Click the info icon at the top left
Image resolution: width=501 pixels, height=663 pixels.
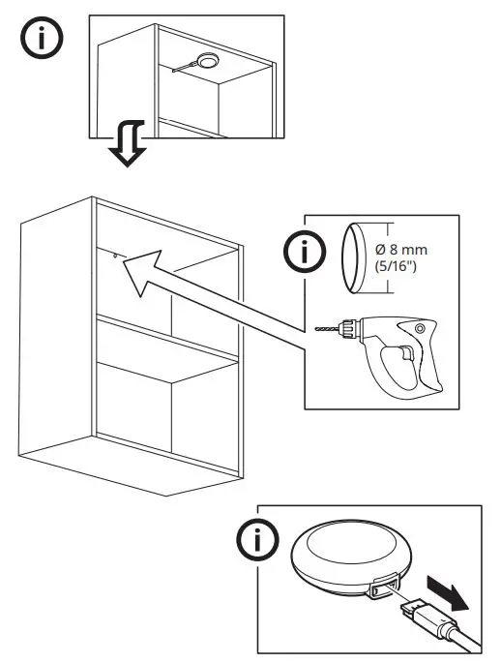point(40,42)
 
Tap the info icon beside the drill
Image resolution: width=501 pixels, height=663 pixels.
point(306,254)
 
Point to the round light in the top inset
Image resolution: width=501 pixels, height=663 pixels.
point(206,62)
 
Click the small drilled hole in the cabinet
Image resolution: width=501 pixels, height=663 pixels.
point(115,256)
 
